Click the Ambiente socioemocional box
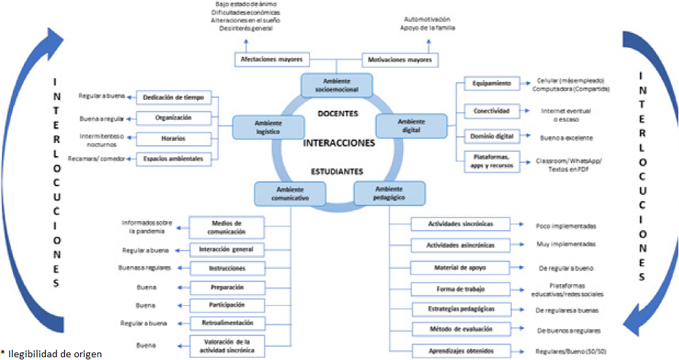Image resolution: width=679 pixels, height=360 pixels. [337, 86]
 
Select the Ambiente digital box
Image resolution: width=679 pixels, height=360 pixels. [411, 125]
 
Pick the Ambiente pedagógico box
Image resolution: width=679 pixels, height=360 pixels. [389, 192]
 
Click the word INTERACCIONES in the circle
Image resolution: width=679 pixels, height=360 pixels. [339, 144]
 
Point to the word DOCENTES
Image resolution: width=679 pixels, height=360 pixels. [338, 114]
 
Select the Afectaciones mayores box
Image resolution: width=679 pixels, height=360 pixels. [272, 60]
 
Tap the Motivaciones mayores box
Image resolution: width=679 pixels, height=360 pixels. [400, 60]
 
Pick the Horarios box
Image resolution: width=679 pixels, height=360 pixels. [172, 138]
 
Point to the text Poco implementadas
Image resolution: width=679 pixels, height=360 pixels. [566, 225]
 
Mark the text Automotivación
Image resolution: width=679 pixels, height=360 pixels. [427, 19]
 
